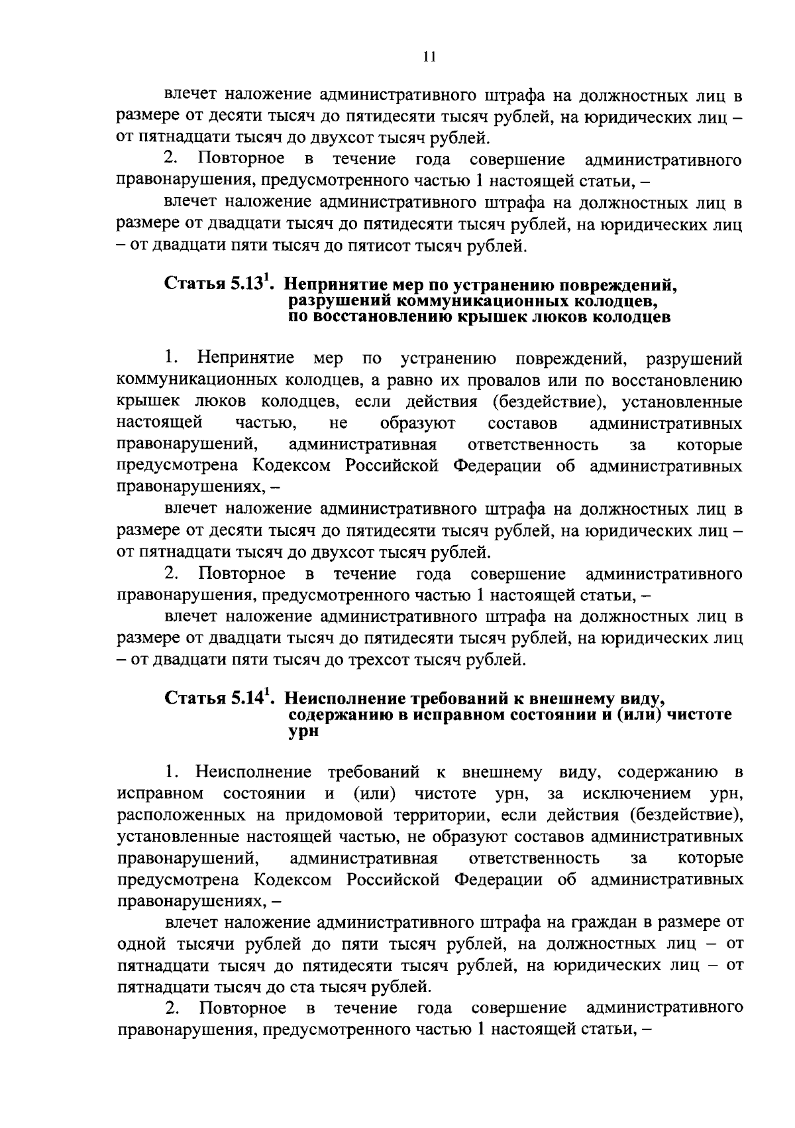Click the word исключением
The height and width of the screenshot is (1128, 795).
(x=636, y=793)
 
